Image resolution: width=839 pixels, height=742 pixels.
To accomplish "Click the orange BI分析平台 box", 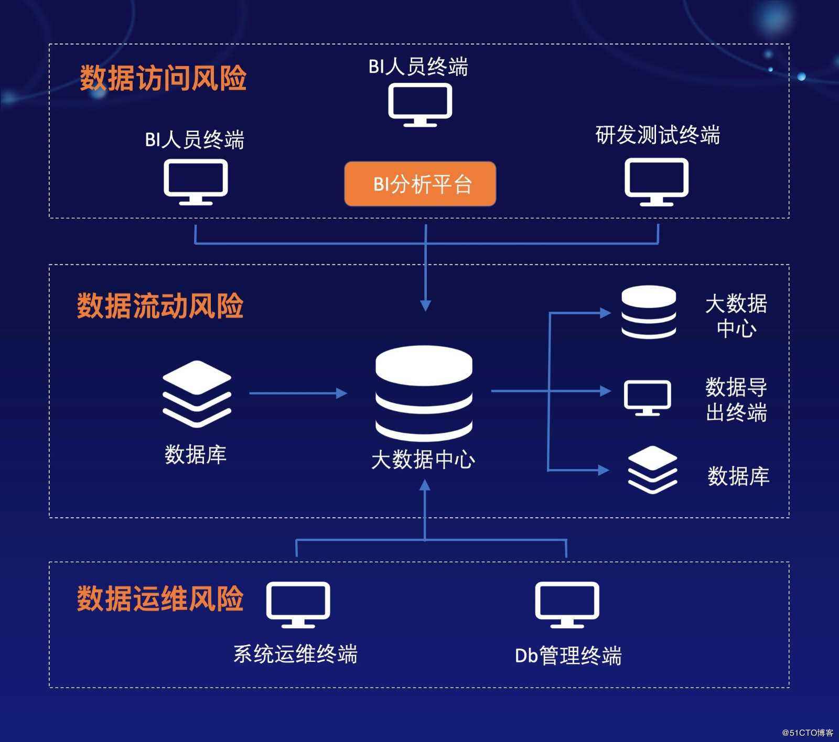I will pyautogui.click(x=420, y=183).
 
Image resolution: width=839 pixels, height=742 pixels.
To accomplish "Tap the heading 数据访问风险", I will pyautogui.click(x=163, y=79).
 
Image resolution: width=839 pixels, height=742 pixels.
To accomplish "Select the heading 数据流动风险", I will pyautogui.click(x=160, y=306).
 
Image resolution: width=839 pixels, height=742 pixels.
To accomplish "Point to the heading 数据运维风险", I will pyautogui.click(x=160, y=598).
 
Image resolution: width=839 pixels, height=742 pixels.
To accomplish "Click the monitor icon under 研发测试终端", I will pyautogui.click(x=657, y=181).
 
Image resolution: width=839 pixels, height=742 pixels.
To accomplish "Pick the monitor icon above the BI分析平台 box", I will pyautogui.click(x=420, y=104).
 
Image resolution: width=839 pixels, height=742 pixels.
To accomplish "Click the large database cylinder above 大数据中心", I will pyautogui.click(x=424, y=392).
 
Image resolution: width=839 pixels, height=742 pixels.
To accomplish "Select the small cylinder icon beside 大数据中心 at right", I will pyautogui.click(x=649, y=312).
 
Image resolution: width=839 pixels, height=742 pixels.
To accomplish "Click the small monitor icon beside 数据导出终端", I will pyautogui.click(x=648, y=397).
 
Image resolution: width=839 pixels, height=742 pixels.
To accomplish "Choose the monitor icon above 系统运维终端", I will pyautogui.click(x=298, y=604).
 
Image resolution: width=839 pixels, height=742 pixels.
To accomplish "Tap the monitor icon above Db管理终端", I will pyautogui.click(x=567, y=604).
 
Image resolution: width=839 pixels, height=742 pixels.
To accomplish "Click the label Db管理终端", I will pyautogui.click(x=568, y=656).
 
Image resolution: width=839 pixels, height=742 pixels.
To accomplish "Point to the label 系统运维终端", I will pyautogui.click(x=295, y=654).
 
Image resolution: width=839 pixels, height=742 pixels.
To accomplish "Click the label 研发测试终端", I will pyautogui.click(x=658, y=135).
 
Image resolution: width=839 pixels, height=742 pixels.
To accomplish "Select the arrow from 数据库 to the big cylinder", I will pyautogui.click(x=297, y=393).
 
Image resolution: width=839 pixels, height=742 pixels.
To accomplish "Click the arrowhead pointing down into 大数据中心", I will pyautogui.click(x=426, y=305).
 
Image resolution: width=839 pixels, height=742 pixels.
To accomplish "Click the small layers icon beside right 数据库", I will pyautogui.click(x=652, y=470).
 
